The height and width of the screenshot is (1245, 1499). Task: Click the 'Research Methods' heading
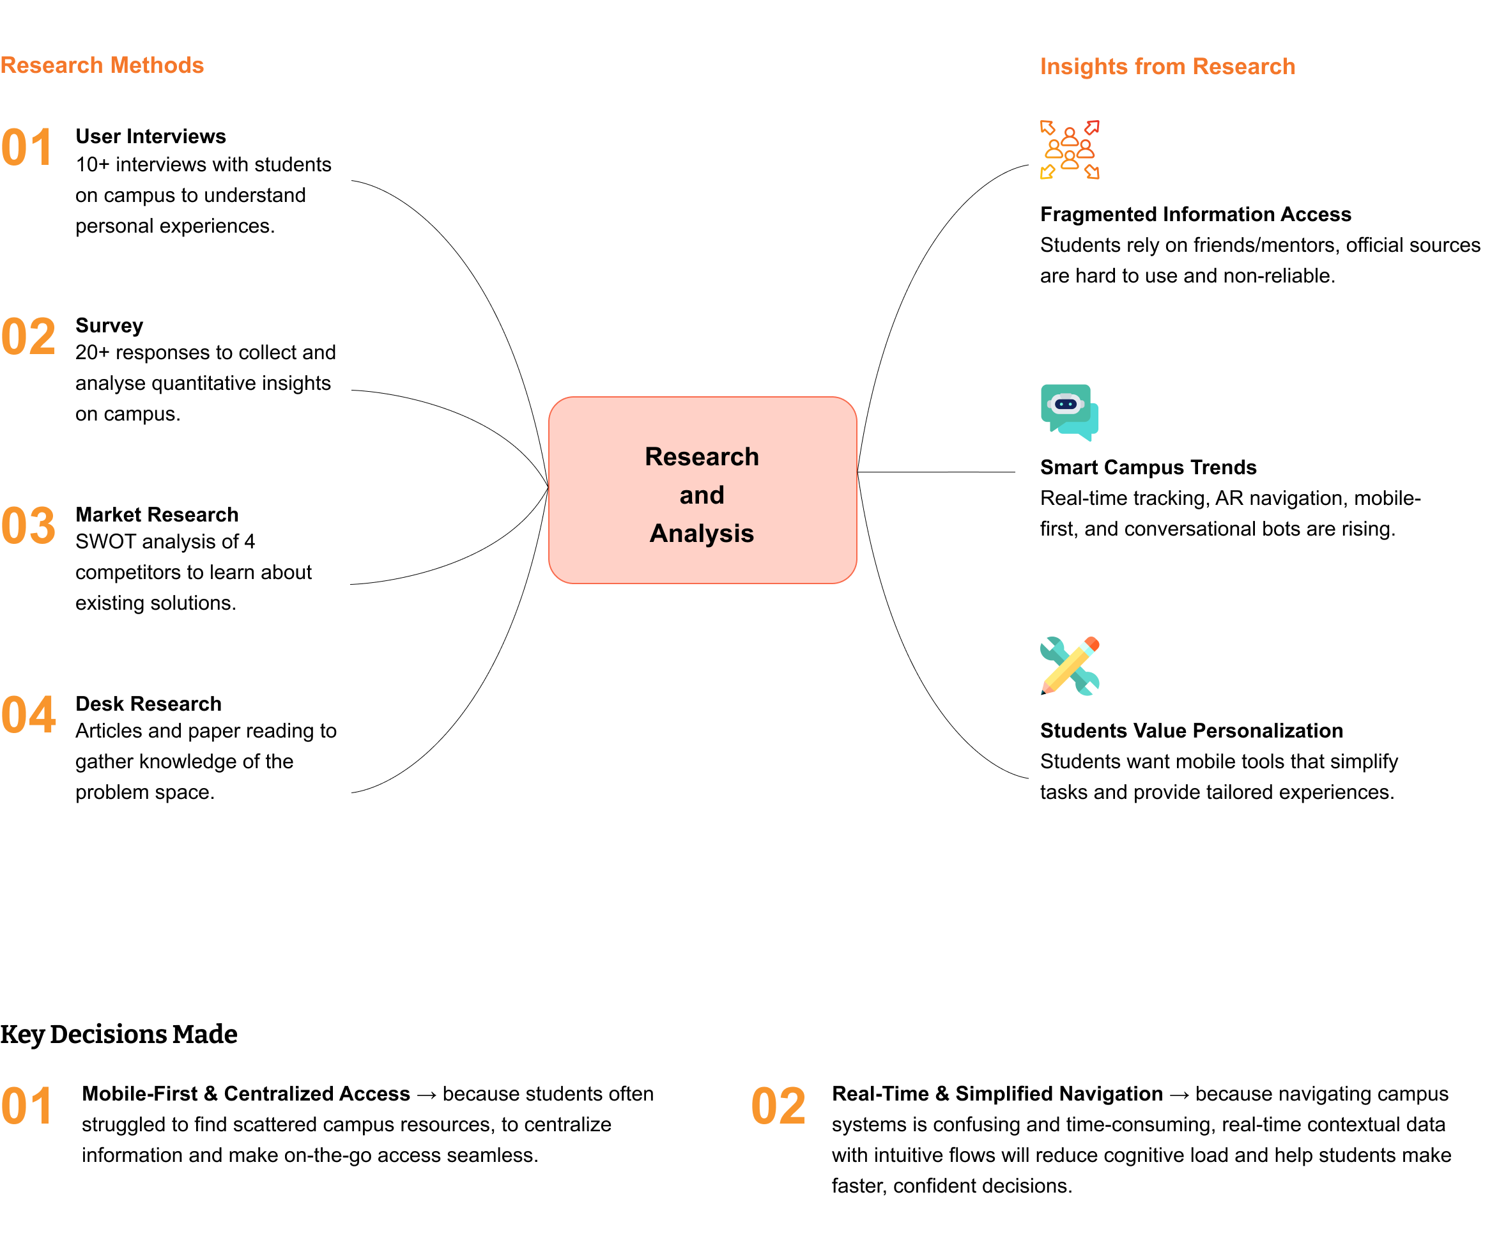(x=102, y=65)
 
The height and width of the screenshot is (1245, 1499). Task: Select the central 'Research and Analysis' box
(x=702, y=490)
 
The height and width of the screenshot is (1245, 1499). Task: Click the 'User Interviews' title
(x=151, y=136)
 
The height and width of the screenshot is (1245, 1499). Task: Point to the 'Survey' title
(x=109, y=325)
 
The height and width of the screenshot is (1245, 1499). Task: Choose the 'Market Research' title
(x=157, y=514)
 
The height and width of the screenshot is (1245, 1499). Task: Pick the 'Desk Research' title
(x=148, y=704)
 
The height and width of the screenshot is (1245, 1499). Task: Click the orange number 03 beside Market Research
(x=29, y=526)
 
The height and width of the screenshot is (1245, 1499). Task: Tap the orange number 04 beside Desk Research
(x=29, y=715)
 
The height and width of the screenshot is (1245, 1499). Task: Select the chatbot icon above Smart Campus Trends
(x=1068, y=412)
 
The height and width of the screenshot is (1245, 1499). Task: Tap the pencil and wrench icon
(x=1068, y=665)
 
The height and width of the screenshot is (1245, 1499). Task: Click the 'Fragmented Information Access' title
(x=1195, y=214)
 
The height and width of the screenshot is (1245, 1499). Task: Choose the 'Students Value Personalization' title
(x=1190, y=731)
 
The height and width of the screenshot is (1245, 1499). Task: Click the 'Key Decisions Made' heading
(x=118, y=1033)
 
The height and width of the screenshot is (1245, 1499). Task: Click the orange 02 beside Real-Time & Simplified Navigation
(x=778, y=1106)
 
